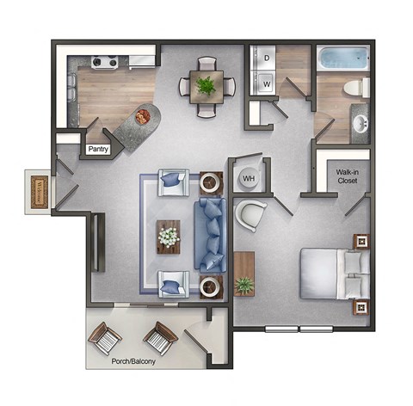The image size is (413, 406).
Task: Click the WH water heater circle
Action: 250,178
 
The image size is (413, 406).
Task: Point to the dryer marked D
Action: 266,58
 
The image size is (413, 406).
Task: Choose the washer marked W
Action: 266,83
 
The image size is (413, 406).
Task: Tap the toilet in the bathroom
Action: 354,87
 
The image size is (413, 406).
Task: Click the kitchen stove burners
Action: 104,61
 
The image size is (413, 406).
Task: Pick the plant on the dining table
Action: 206,85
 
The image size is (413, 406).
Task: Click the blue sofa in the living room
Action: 211,233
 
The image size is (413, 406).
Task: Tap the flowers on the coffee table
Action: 169,235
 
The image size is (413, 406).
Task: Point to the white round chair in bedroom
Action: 250,215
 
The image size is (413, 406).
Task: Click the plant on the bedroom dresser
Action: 245,285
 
